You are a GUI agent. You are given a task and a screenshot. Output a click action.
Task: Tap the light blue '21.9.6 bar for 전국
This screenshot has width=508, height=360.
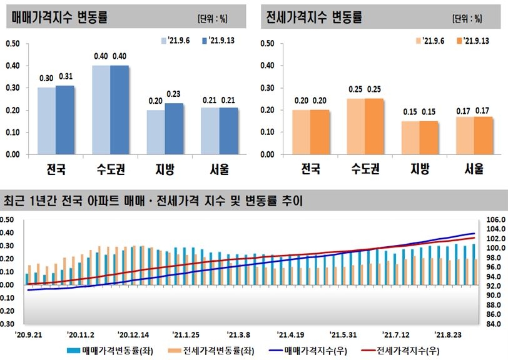(x=47, y=121)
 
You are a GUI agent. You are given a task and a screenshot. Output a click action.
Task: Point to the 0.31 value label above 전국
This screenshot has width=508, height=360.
(x=66, y=77)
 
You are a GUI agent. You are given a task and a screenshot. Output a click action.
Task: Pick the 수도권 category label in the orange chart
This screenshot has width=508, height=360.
(x=365, y=169)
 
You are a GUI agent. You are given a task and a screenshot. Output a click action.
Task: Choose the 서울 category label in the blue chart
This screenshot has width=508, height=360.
(x=218, y=169)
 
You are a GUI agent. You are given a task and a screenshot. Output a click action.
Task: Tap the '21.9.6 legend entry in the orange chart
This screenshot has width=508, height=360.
(x=431, y=41)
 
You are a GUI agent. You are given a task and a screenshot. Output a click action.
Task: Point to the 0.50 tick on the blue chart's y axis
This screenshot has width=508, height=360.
(x=13, y=44)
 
